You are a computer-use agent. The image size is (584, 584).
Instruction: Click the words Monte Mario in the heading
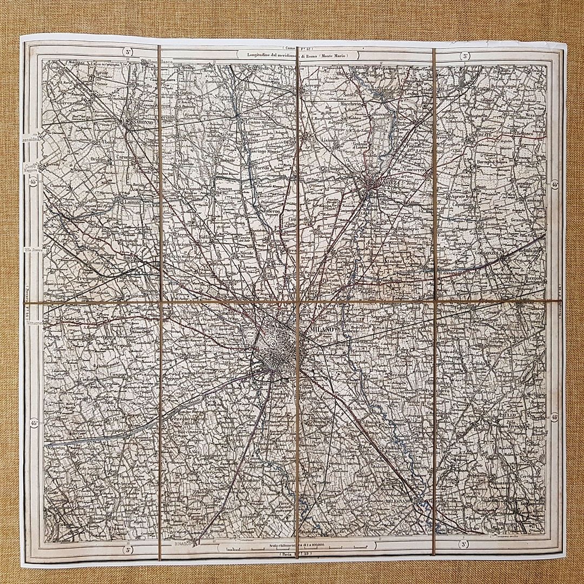(x=330, y=55)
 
